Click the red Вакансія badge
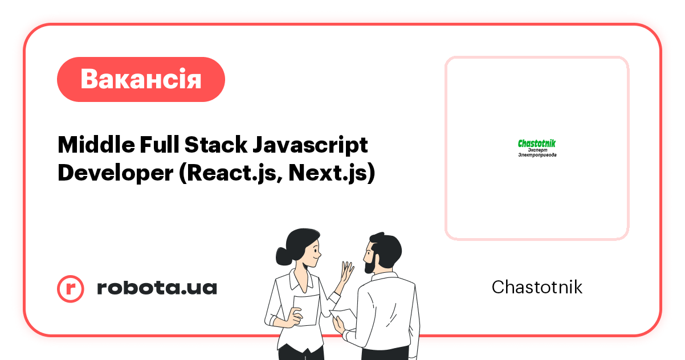pyautogui.click(x=141, y=79)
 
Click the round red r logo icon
pyautogui.click(x=71, y=288)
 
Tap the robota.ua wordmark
pyautogui.click(x=157, y=288)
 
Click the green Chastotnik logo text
pyautogui.click(x=536, y=144)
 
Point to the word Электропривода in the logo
pyautogui.click(x=537, y=155)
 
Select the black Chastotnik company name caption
pyautogui.click(x=537, y=287)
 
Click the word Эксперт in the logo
pyautogui.click(x=537, y=150)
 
